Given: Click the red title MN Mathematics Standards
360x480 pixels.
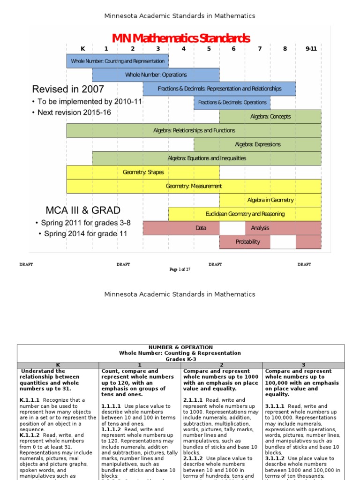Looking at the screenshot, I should (180, 38).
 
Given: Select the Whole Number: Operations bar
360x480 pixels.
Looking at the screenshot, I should (156, 75).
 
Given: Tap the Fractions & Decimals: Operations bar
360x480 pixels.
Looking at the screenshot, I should (232, 103).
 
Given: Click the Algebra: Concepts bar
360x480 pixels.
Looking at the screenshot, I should (270, 117).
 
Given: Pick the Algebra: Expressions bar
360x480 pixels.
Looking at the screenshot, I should (257, 144).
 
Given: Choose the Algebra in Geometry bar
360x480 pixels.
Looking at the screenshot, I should (270, 200).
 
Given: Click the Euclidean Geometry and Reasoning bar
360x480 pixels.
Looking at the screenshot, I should (245, 214).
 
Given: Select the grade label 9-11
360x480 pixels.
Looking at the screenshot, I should (311, 49).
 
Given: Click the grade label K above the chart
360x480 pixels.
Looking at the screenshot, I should (83, 49).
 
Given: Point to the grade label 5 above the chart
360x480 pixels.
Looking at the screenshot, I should (209, 49).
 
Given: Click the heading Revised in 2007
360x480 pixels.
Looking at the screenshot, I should (68, 89).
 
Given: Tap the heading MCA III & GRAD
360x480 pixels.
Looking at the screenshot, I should (83, 210).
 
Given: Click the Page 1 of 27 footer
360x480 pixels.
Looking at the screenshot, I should (180, 270).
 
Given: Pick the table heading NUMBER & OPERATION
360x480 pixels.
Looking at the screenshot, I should (180, 347).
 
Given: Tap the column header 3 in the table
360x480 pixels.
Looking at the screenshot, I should (303, 365).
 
